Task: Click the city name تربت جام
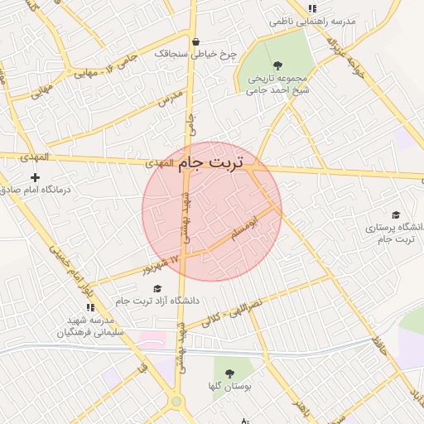212,163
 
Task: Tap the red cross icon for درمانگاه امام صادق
35,177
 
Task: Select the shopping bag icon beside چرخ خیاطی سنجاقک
195,42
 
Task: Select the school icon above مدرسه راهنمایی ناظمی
312,8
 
